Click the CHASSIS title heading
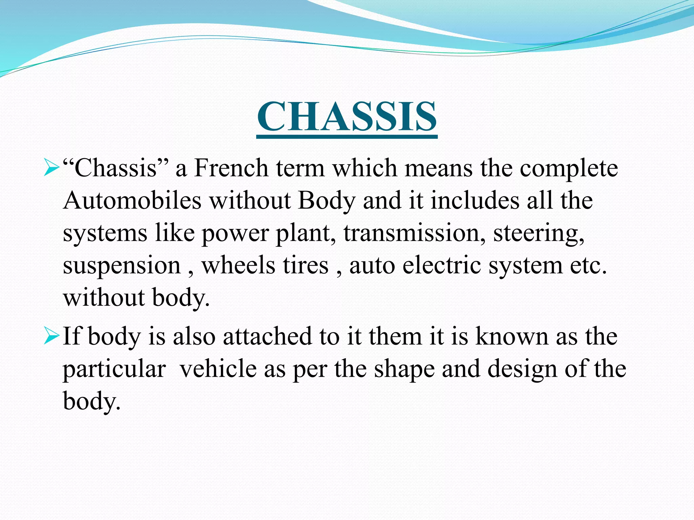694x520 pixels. click(x=347, y=117)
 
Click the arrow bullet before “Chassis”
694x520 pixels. click(x=52, y=168)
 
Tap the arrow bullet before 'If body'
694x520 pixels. click(x=52, y=336)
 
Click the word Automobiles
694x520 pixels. click(x=132, y=200)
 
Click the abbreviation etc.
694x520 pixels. click(x=588, y=266)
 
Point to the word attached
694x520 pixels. click(x=267, y=337)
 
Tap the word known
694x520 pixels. click(x=512, y=337)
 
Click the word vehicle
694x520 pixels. click(x=218, y=369)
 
